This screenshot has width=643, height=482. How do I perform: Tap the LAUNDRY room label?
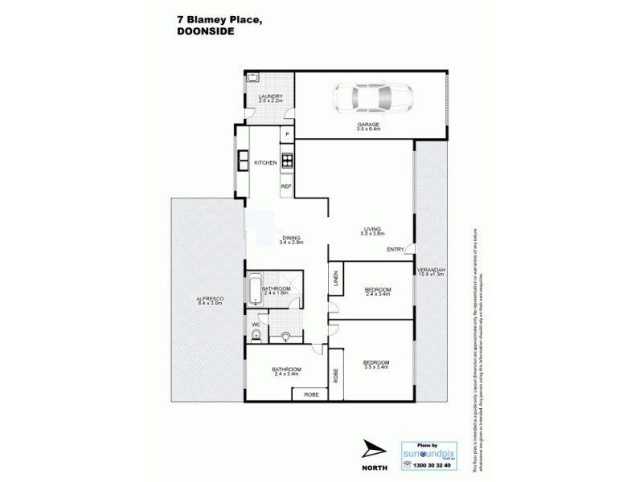269,100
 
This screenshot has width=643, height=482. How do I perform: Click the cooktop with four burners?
286,158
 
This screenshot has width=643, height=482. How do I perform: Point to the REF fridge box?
285,186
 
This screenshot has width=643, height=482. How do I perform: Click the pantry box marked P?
286,133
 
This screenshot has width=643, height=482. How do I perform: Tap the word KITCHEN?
265,163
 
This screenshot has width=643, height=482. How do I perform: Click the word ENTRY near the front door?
395,250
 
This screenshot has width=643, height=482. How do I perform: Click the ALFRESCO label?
209,301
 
